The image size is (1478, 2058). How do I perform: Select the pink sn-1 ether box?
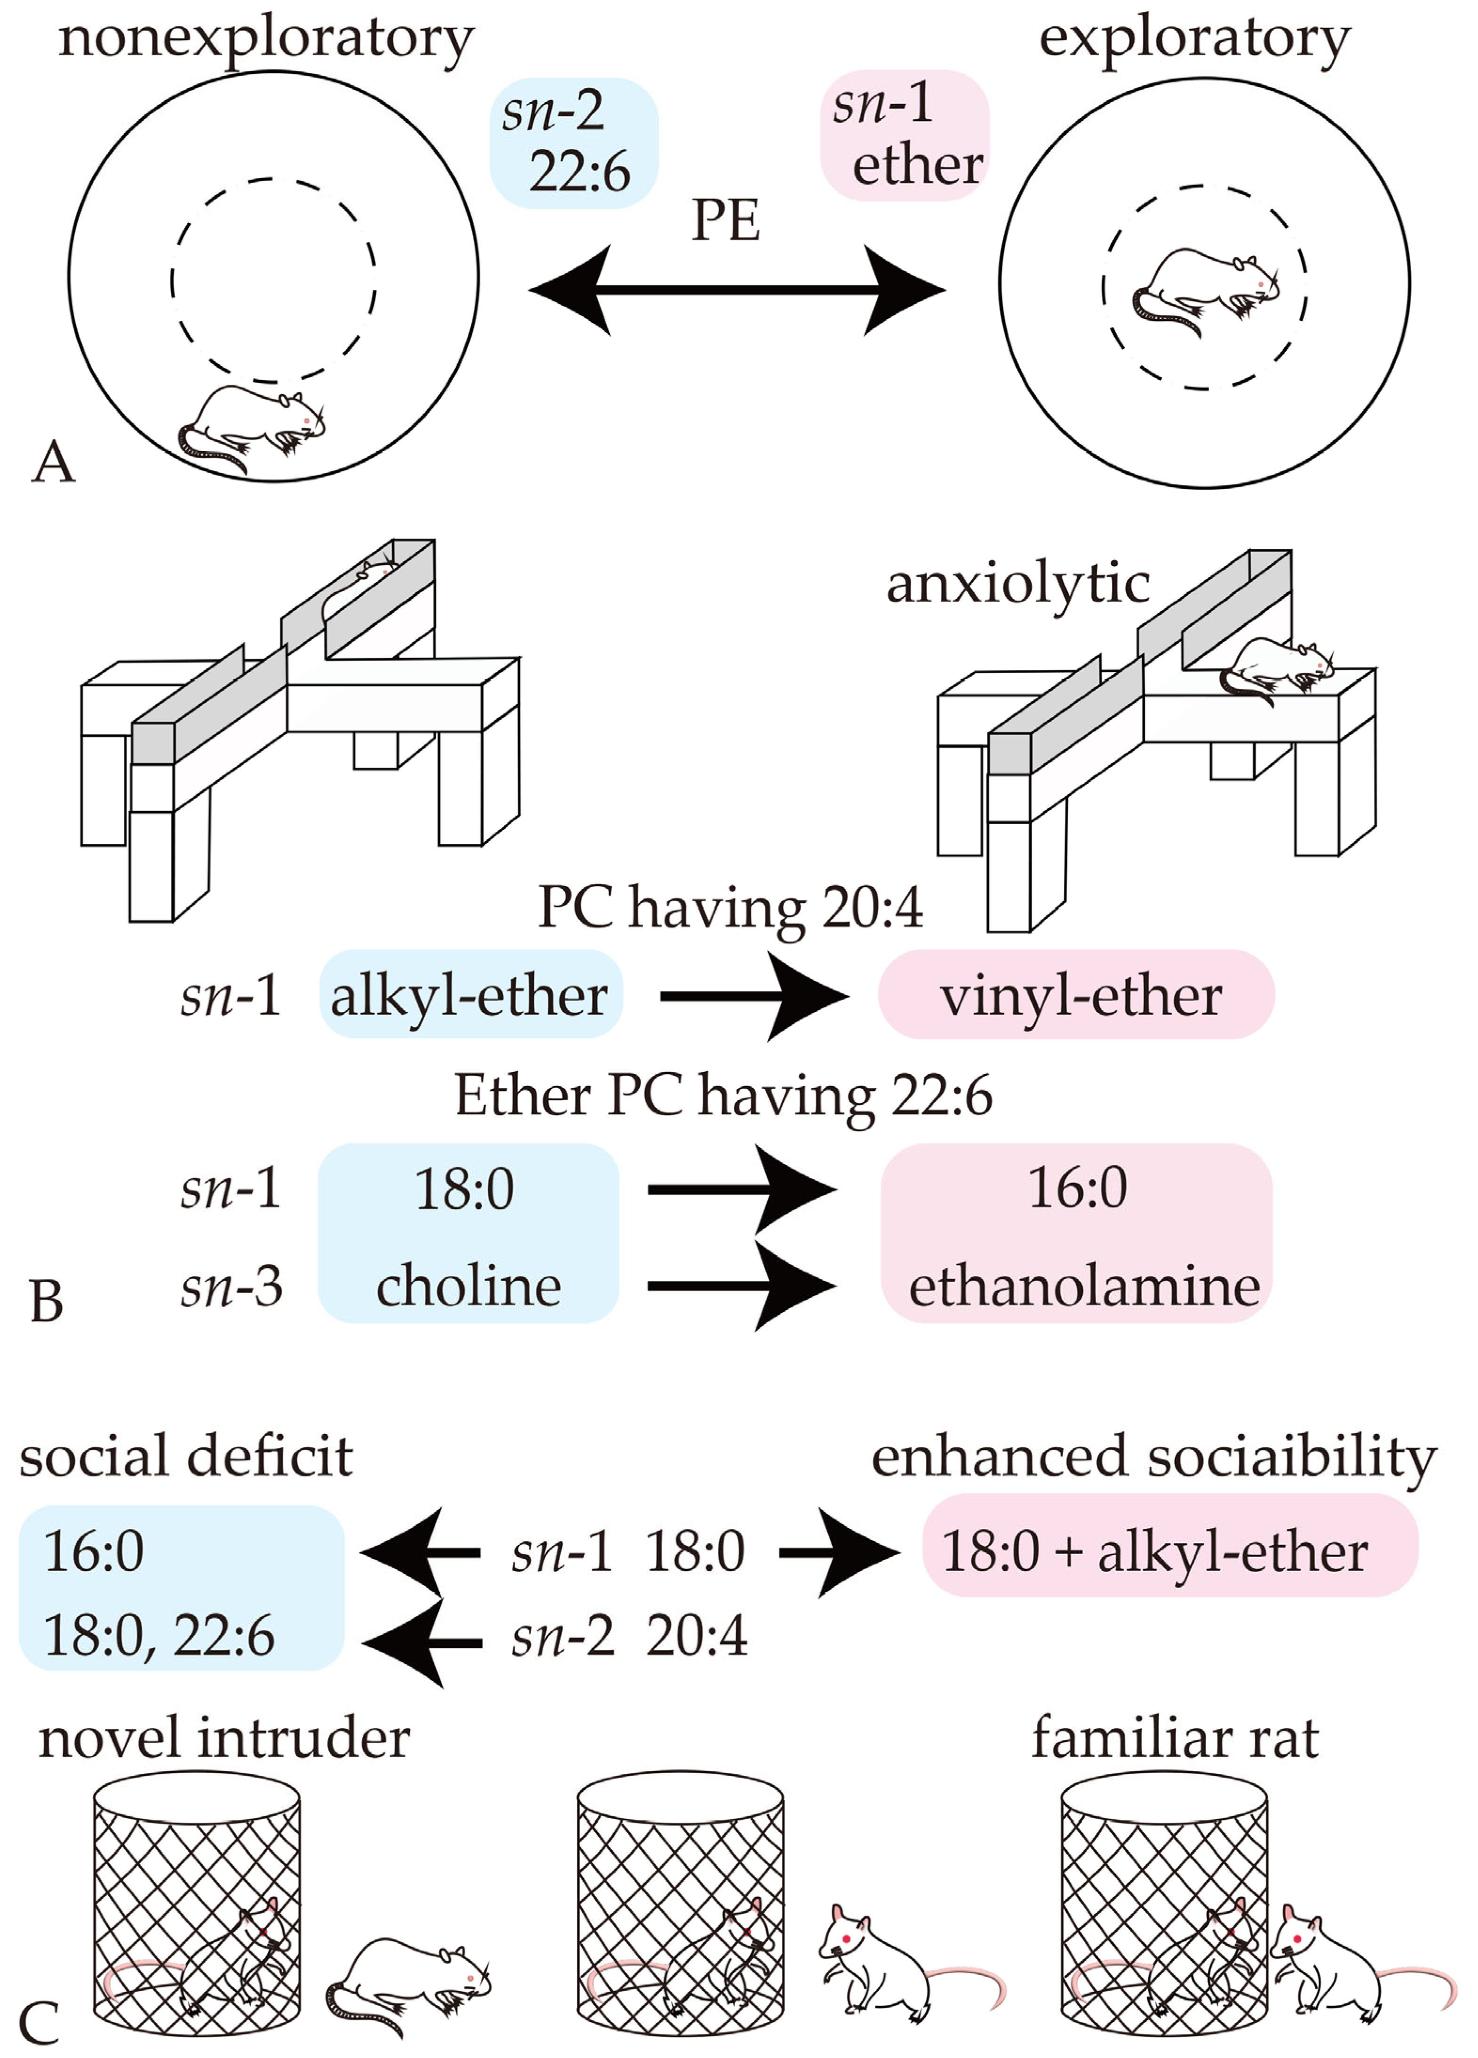pyautogui.click(x=904, y=134)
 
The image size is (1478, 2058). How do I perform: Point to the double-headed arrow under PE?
pyautogui.click(x=737, y=290)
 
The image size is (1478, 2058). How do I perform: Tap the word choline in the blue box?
pyautogui.click(x=468, y=1287)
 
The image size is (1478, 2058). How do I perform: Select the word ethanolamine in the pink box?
pyautogui.click(x=1083, y=1287)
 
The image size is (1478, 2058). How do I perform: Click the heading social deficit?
pyautogui.click(x=186, y=1456)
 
